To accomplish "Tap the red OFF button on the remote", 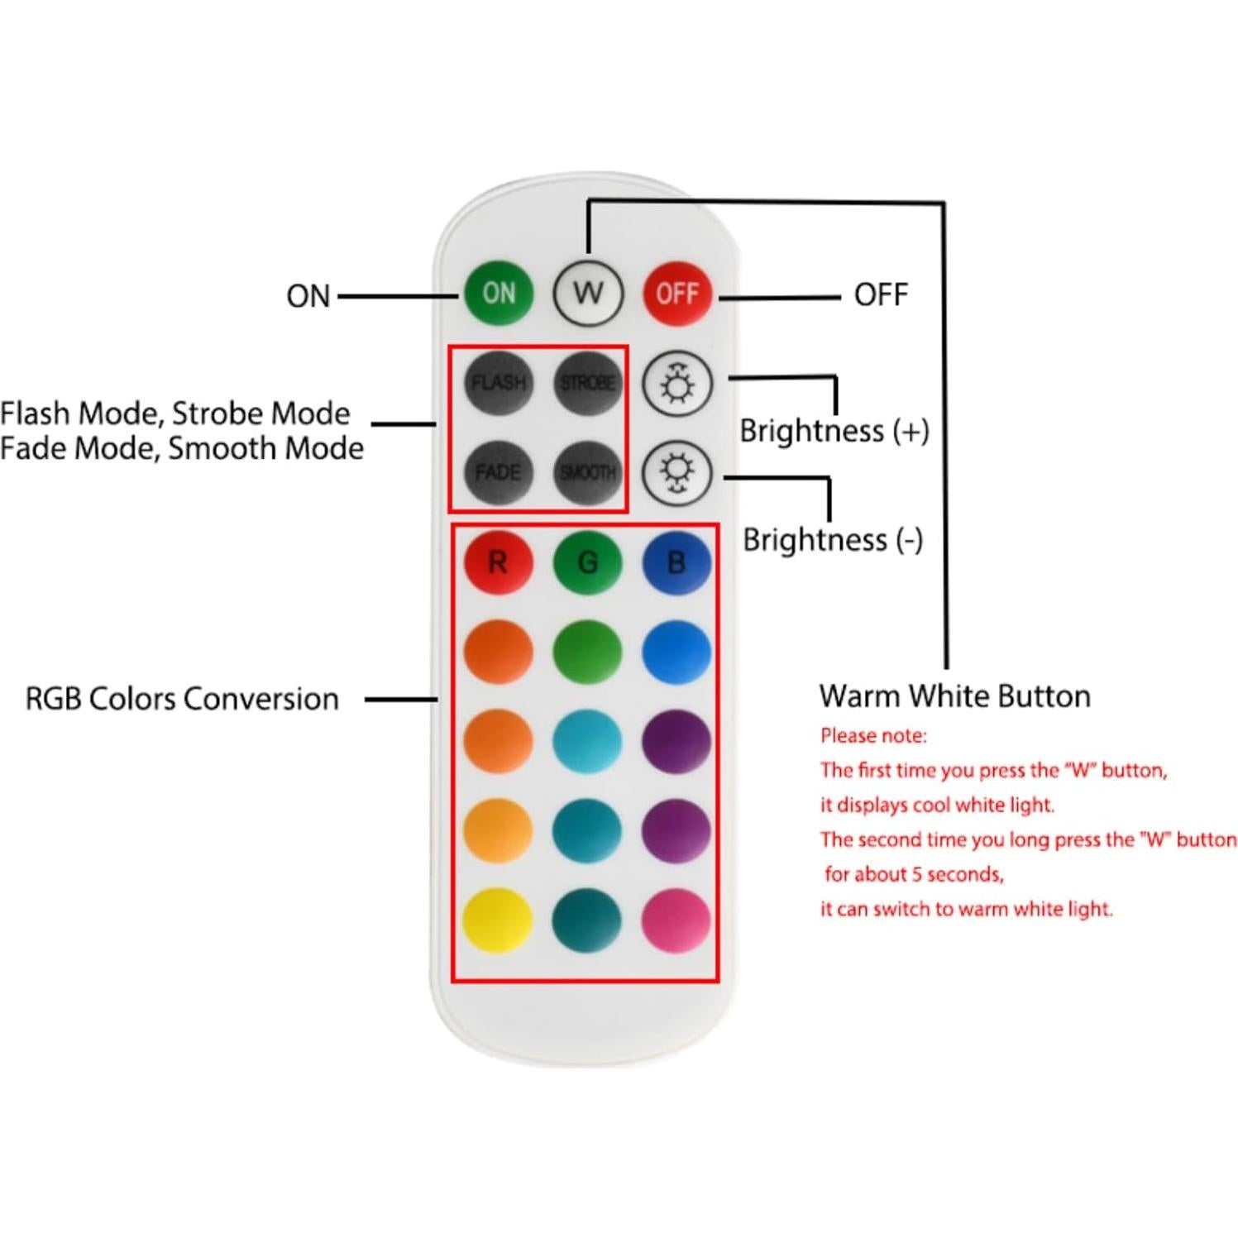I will coord(677,294).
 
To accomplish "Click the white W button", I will coord(588,293).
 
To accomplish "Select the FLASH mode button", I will coord(498,382).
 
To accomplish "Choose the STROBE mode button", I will coord(588,382).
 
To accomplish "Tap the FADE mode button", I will coord(498,472).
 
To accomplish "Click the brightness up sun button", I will coord(677,384).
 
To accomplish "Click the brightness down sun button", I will coord(677,473).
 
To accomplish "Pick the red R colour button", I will coord(498,562).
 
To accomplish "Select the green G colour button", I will coord(587,562).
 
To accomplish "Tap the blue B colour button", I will coord(676,562).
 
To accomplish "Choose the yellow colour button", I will coord(498,920).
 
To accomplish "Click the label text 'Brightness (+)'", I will coord(834,431).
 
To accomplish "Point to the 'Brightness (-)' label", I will coord(832,540).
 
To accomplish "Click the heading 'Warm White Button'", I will coord(954,696).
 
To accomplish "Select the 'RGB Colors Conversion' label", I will coord(182,699).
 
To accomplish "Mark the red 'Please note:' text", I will coord(873,735).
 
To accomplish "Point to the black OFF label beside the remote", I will coord(881,294).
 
